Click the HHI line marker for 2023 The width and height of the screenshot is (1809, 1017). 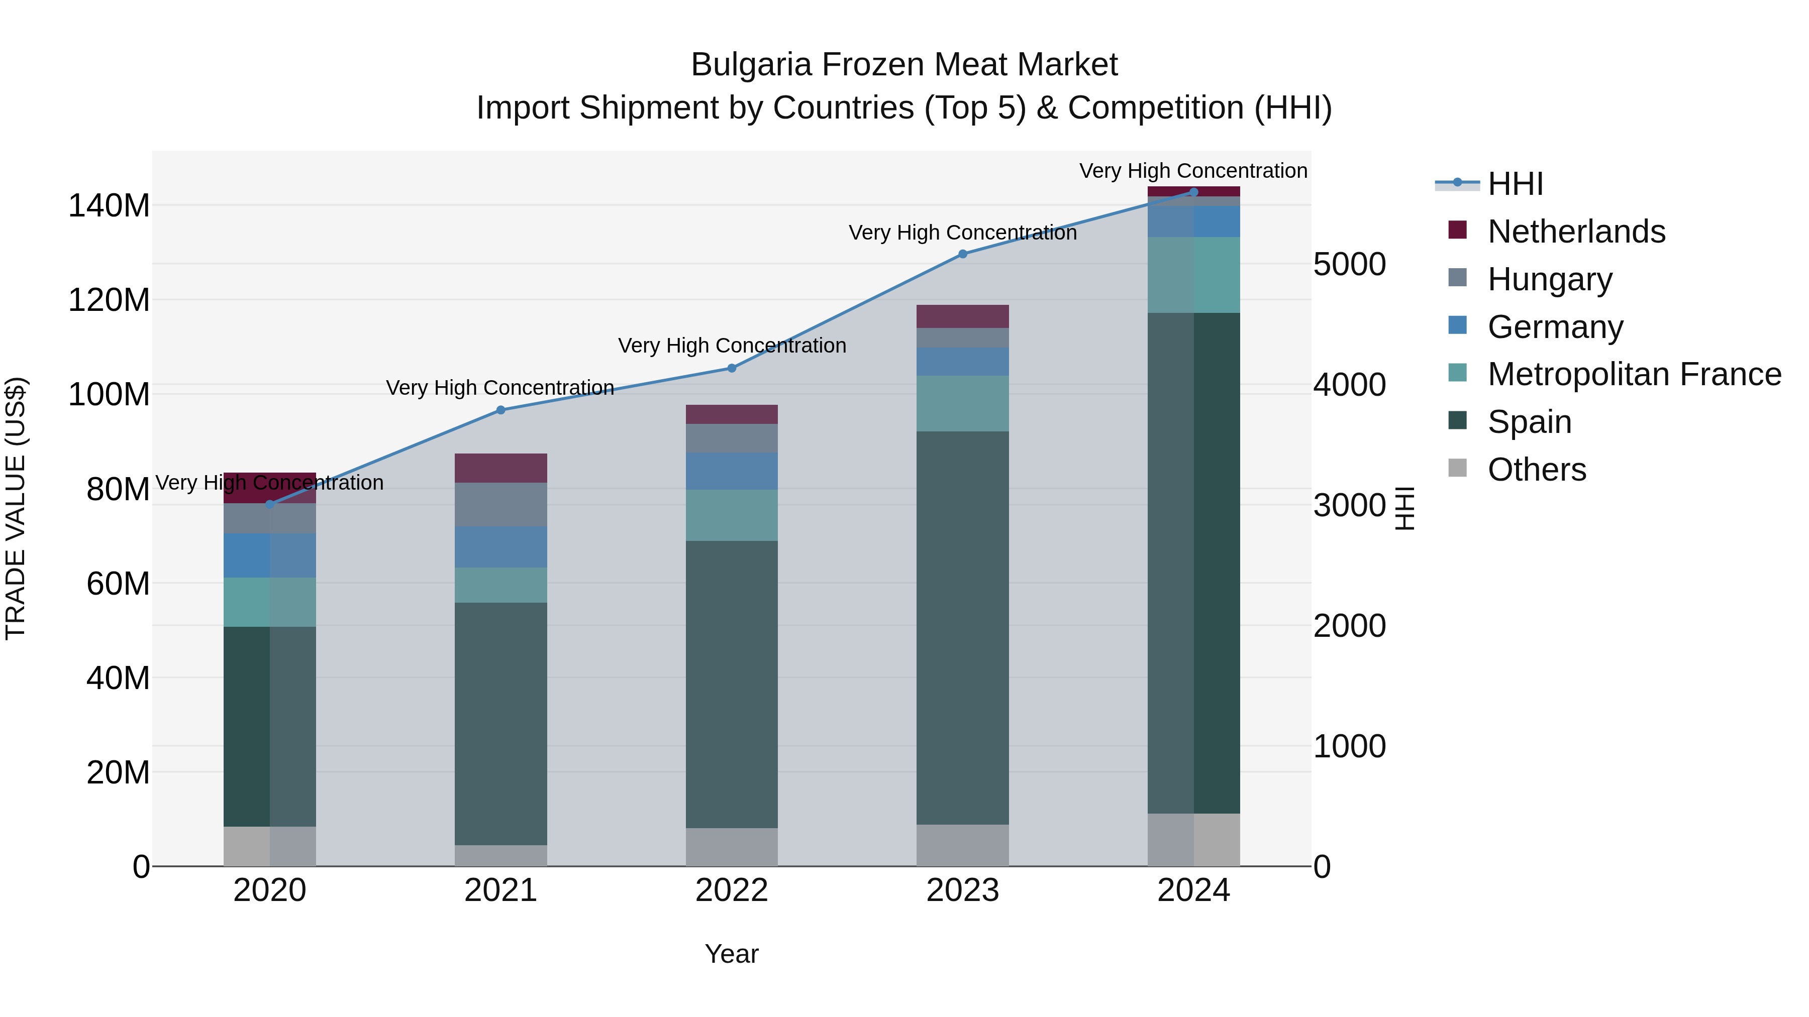pyautogui.click(x=963, y=254)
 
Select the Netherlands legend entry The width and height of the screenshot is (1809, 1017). pyautogui.click(x=1575, y=232)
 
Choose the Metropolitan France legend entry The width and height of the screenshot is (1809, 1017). pyautogui.click(x=1634, y=374)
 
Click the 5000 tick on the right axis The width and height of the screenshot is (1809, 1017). pyautogui.click(x=1349, y=265)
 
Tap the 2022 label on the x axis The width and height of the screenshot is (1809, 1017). pyautogui.click(x=732, y=890)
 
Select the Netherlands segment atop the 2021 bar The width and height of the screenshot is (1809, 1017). pyautogui.click(x=500, y=468)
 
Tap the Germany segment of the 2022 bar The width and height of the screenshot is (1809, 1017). pyautogui.click(x=732, y=471)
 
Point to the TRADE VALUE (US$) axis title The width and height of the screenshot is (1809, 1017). pyautogui.click(x=16, y=508)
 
